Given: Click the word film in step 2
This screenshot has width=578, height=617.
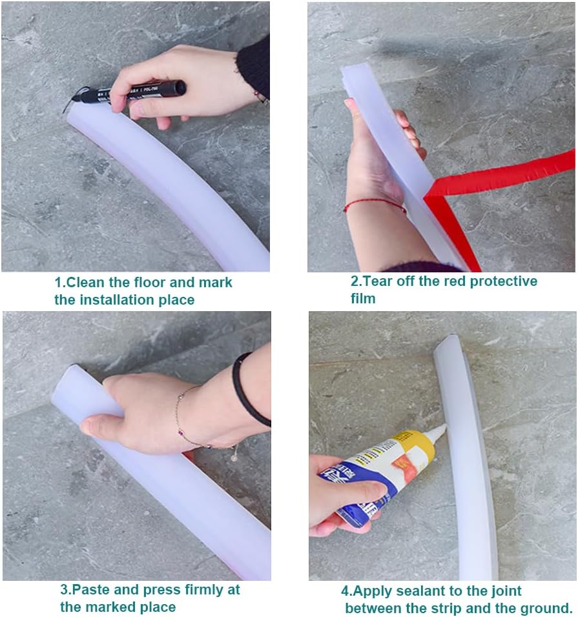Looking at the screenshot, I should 363,298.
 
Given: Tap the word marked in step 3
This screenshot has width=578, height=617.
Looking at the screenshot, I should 107,607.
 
